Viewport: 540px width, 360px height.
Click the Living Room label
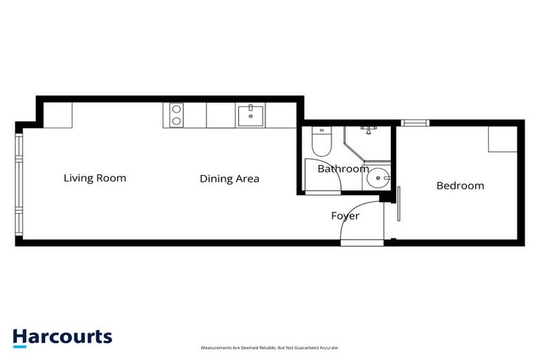point(95,178)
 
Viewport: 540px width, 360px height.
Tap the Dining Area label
point(229,179)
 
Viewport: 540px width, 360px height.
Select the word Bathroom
point(342,169)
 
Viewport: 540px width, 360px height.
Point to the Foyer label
point(345,216)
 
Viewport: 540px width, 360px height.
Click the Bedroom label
point(461,186)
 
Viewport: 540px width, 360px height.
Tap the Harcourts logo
point(62,336)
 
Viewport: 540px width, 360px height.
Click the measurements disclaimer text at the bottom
point(270,348)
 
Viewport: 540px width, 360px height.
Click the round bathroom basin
point(380,177)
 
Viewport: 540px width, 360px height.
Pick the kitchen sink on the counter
point(250,114)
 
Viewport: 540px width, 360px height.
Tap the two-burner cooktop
point(174,115)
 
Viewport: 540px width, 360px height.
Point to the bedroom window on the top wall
point(415,122)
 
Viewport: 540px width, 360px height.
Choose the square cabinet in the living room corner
point(58,115)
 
